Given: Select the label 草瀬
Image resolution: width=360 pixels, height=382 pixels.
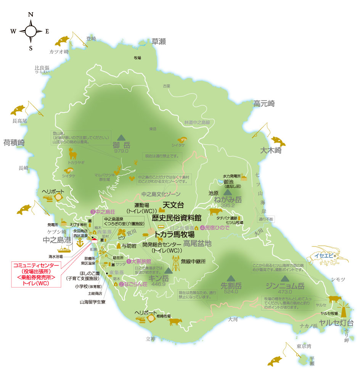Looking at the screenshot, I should pos(159,42).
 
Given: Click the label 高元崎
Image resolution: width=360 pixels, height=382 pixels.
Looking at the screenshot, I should pos(264,103).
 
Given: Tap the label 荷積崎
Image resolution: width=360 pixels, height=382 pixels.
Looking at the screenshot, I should pos(14,143).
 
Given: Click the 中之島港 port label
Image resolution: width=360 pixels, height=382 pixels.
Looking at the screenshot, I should pos(57,240).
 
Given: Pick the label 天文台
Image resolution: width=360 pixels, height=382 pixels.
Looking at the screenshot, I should pos(173,205).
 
